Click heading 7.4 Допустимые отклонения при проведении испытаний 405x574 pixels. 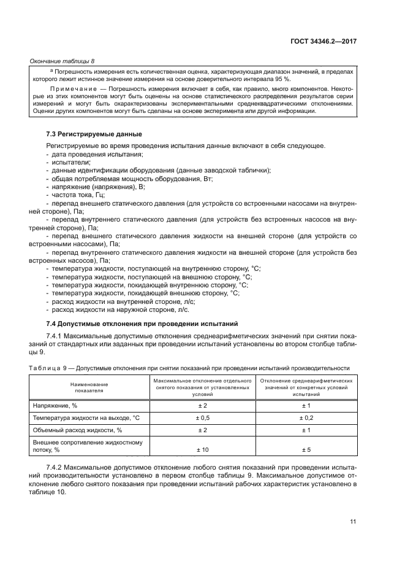pyautogui.click(x=142, y=324)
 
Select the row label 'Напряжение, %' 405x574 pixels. pyautogui.click(x=54, y=406)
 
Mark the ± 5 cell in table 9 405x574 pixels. pyautogui.click(x=306, y=450)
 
